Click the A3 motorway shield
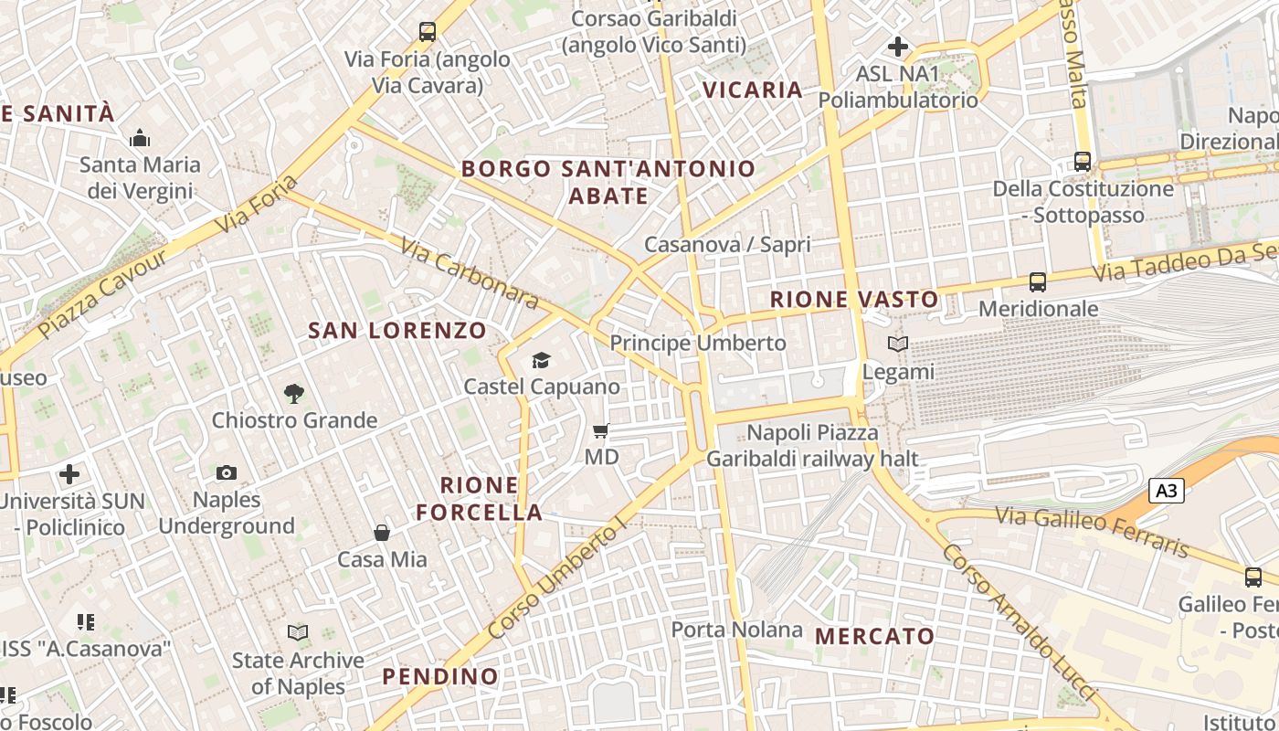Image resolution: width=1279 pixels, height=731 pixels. pyautogui.click(x=1166, y=491)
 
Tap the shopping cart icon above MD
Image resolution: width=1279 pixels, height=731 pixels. pyautogui.click(x=601, y=430)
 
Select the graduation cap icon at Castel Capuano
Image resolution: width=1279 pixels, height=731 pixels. pyautogui.click(x=542, y=360)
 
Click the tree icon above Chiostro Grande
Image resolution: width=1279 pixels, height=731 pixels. pyautogui.click(x=293, y=394)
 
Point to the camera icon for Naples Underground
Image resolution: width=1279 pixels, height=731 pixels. pyautogui.click(x=227, y=472)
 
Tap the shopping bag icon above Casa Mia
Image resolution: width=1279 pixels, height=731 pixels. pyautogui.click(x=382, y=533)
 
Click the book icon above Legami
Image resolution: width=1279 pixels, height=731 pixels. pyautogui.click(x=898, y=344)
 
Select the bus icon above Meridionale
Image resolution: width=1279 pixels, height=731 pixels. pyautogui.click(x=1037, y=282)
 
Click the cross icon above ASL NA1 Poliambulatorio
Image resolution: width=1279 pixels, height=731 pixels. pyautogui.click(x=898, y=46)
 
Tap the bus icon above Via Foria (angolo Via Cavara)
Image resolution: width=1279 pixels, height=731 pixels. pyautogui.click(x=427, y=32)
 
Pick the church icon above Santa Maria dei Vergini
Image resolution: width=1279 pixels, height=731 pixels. pyautogui.click(x=140, y=138)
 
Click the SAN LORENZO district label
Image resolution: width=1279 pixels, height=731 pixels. pyautogui.click(x=397, y=331)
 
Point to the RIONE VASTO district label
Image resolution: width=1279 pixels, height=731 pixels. pyautogui.click(x=854, y=300)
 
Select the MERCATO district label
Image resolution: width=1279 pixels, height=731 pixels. pyautogui.click(x=874, y=636)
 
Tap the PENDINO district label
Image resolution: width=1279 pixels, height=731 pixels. pyautogui.click(x=440, y=676)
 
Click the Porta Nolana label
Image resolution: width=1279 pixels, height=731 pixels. pyautogui.click(x=736, y=630)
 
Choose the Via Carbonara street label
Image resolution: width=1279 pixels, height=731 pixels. pyautogui.click(x=470, y=271)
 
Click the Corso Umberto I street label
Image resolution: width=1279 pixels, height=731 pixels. pyautogui.click(x=558, y=577)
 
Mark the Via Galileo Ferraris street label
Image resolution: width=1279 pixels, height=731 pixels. pyautogui.click(x=1092, y=532)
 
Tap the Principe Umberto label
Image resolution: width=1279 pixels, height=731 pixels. pyautogui.click(x=697, y=344)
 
